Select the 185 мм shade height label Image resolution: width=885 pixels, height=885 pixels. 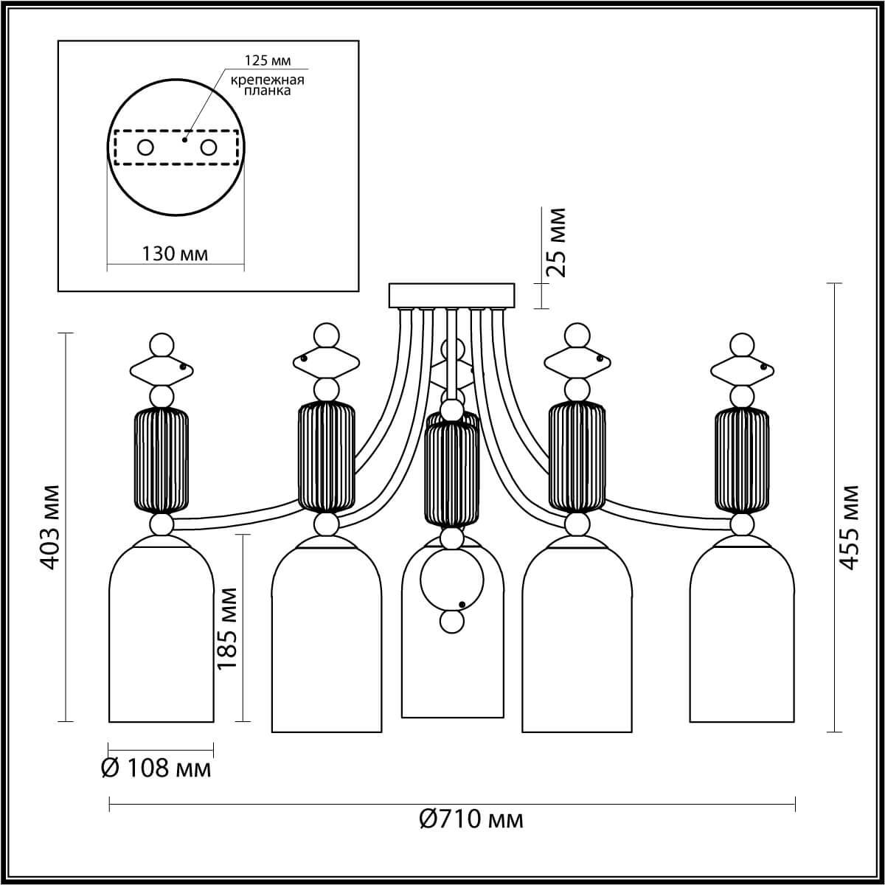pyautogui.click(x=227, y=627)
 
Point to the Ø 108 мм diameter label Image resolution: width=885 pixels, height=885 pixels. pyautogui.click(x=156, y=768)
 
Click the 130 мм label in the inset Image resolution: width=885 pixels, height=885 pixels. pyautogui.click(x=175, y=254)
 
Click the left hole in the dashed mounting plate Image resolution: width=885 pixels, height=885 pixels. pyautogui.click(x=145, y=147)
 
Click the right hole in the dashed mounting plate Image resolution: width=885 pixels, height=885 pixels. pyautogui.click(x=209, y=147)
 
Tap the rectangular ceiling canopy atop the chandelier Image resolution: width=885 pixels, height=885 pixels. pyautogui.click(x=451, y=296)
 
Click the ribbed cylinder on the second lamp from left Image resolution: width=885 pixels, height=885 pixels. pyautogui.click(x=327, y=457)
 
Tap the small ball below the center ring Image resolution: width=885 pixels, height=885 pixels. pyautogui.click(x=451, y=622)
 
